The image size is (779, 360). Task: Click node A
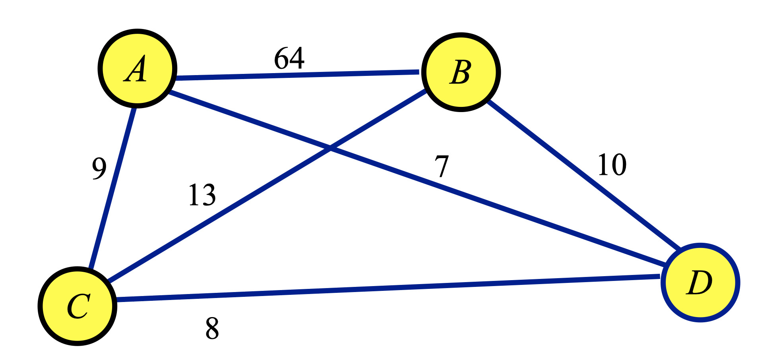click(137, 68)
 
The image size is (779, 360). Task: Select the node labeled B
click(461, 72)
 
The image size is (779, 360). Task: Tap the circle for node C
click(78, 306)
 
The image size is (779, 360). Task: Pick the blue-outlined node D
click(700, 283)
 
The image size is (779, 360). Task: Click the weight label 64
click(289, 58)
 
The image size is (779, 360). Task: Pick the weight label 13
click(202, 195)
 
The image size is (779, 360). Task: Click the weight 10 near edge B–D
click(612, 165)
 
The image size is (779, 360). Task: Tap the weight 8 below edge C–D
click(212, 328)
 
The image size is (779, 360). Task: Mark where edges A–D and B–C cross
click(330, 149)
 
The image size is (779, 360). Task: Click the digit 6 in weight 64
click(281, 58)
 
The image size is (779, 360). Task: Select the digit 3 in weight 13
click(209, 195)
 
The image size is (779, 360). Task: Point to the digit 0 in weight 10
click(619, 165)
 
